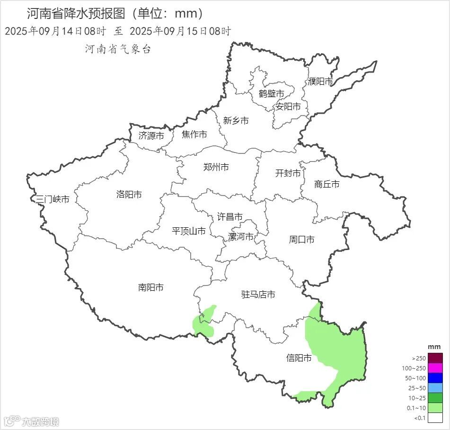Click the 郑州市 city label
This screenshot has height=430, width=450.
pos(216,167)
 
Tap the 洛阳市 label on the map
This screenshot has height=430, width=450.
pos(129,195)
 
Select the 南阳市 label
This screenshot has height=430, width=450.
pos(151,287)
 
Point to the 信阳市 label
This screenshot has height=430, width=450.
pos(299,358)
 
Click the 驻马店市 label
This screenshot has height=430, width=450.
pos(258,295)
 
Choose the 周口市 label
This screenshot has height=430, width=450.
pos(301,240)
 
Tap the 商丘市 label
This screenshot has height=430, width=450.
pos(326,184)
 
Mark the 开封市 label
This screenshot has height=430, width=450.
pos(288,173)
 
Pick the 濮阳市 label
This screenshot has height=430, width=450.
pos(320,81)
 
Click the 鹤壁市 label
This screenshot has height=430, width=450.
pos(272,93)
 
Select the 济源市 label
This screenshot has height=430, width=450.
pos(151,135)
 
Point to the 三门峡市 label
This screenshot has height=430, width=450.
pos(53,199)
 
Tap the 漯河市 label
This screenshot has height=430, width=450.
pos(241,236)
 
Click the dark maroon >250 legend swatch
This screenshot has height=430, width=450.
pos(435,358)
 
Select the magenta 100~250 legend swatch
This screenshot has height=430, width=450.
pos(435,368)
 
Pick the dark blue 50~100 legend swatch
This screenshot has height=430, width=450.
pos(435,378)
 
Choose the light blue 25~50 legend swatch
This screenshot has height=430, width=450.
pos(435,388)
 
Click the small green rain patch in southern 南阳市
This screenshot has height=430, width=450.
pos(204,322)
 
